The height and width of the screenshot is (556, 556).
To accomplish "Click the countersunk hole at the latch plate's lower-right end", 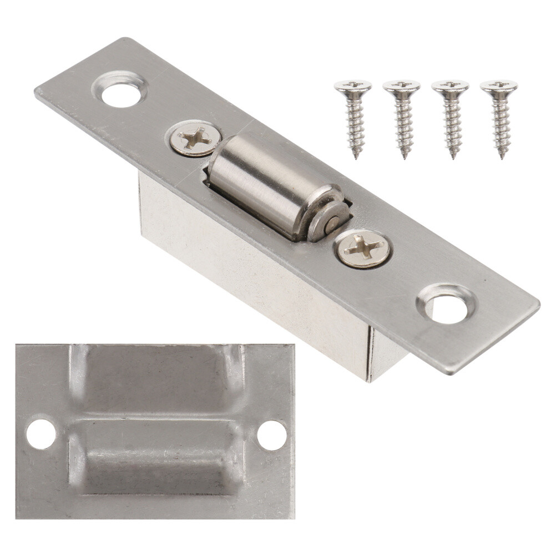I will pos(447,305).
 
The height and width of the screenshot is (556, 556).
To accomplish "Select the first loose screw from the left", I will pos(353,117).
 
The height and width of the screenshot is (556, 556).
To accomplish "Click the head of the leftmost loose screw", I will pos(353,86).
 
